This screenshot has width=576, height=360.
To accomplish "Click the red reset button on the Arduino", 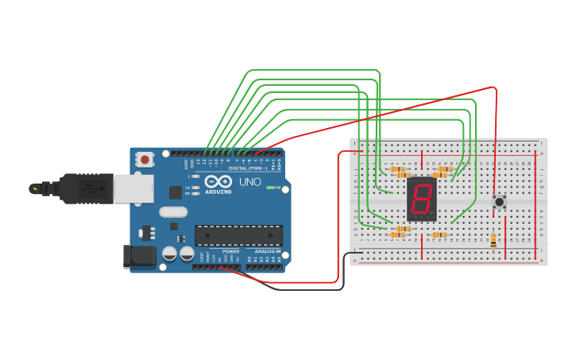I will click(145, 160).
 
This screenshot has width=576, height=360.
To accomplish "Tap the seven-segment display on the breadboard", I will click(421, 199).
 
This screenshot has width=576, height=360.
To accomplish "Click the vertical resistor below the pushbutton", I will click(493, 239).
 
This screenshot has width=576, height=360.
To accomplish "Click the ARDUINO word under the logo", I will click(218, 192).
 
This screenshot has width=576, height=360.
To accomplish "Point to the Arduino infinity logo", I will click(218, 181).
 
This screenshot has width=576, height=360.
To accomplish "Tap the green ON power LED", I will click(269, 188).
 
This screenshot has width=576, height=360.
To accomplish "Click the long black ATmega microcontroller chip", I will click(238, 235).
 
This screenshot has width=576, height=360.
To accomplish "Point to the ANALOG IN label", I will click(267, 251).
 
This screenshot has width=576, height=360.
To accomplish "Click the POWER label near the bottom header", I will click(231, 251).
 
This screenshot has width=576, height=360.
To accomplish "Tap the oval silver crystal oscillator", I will click(172, 212).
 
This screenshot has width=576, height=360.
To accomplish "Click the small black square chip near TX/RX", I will click(175, 192).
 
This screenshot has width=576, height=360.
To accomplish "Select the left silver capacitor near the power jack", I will click(169, 254).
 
